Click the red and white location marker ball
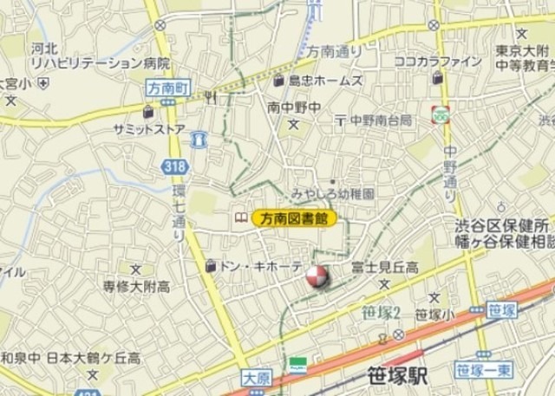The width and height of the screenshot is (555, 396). pyautogui.click(x=316, y=278)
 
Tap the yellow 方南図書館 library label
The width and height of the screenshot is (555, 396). pyautogui.click(x=294, y=219)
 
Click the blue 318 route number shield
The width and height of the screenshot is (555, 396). pyautogui.click(x=173, y=165)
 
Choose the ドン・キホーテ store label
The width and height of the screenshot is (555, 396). pyautogui.click(x=260, y=266)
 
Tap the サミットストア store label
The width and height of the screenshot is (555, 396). pyautogui.click(x=148, y=129)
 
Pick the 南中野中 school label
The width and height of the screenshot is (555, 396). pyautogui.click(x=295, y=107)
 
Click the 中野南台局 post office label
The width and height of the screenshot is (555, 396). pyautogui.click(x=381, y=120)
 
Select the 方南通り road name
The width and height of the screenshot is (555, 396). pyautogui.click(x=334, y=52)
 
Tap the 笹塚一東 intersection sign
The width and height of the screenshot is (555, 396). pyautogui.click(x=480, y=372)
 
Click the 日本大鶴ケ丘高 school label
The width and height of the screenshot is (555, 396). pyautogui.click(x=93, y=357)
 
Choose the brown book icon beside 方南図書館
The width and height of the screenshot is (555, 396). pyautogui.click(x=238, y=218)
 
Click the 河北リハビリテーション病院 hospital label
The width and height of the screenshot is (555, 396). pyautogui.click(x=100, y=56)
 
